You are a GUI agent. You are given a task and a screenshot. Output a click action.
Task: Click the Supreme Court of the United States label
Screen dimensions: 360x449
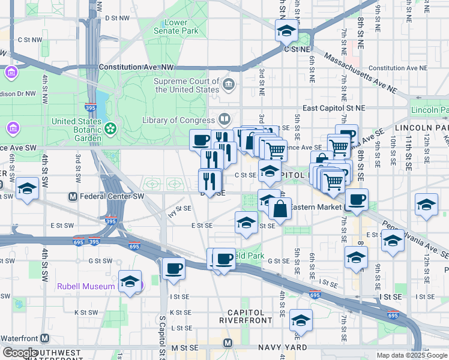[187, 85]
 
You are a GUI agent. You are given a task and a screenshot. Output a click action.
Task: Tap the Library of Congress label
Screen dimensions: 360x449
[178, 120]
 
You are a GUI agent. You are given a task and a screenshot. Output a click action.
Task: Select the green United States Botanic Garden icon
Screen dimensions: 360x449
[110, 128]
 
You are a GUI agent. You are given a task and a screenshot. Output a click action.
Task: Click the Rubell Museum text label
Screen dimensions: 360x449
[86, 286]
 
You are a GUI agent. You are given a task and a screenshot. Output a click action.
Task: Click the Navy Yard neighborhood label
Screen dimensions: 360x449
[282, 347]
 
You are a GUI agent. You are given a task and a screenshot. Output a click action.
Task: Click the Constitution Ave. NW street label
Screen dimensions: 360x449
[136, 68]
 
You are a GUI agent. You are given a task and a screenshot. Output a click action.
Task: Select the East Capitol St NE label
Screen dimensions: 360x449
[334, 108]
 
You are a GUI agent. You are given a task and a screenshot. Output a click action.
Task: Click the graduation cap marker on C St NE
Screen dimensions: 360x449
[287, 30]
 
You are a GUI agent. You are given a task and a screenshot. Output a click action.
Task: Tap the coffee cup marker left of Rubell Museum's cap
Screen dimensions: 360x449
[173, 269]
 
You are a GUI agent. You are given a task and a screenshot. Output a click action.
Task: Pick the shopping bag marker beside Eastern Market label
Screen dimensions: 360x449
[280, 209]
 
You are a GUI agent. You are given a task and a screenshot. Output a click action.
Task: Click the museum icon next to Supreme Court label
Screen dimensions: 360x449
[228, 83]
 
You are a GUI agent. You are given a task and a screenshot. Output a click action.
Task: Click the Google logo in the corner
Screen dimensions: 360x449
[20, 353]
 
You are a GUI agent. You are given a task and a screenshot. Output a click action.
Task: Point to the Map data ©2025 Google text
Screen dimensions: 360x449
[412, 355]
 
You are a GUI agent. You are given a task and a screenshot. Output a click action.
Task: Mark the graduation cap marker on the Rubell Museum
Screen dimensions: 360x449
[130, 281]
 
